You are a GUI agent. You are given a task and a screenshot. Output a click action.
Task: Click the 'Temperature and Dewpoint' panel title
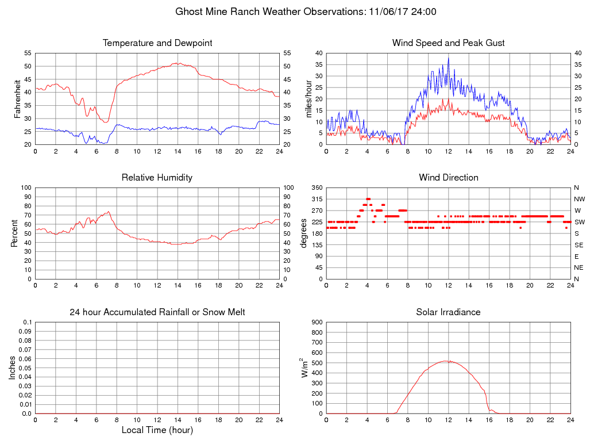click(x=157, y=43)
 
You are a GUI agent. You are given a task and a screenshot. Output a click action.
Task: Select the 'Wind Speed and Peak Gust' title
click(x=449, y=43)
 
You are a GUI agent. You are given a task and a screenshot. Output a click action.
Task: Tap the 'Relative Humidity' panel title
click(x=157, y=178)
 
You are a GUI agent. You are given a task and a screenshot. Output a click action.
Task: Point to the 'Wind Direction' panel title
click(x=449, y=178)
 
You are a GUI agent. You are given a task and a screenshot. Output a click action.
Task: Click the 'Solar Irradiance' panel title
click(x=449, y=312)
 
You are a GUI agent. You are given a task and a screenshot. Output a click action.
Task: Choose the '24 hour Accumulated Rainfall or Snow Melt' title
click(x=157, y=312)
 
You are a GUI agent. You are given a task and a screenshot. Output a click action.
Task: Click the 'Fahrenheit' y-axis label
click(x=18, y=98)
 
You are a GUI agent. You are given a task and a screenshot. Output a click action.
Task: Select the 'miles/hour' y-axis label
click(x=309, y=98)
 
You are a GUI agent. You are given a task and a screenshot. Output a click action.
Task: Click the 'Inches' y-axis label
click(x=13, y=368)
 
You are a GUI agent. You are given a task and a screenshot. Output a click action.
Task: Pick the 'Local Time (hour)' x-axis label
click(x=157, y=430)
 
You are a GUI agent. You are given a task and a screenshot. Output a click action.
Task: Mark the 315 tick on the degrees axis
click(x=316, y=199)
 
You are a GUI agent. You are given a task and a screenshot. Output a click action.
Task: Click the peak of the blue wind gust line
click(x=449, y=58)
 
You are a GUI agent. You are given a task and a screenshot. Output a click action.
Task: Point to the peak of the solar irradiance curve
click(x=446, y=361)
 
